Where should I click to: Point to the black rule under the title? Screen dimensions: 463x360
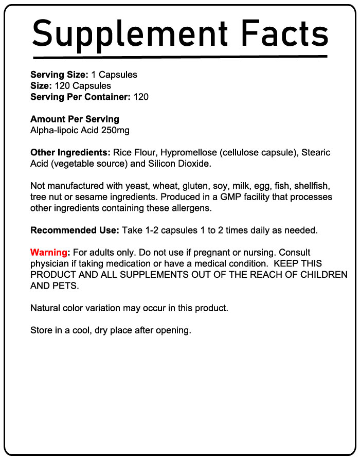(x=179, y=57)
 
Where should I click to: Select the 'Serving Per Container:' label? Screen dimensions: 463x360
(x=81, y=97)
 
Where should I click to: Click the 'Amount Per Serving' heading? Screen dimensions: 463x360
(x=75, y=119)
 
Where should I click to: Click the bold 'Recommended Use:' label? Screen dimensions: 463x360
(x=75, y=230)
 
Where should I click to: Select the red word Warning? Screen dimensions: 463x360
(x=49, y=253)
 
